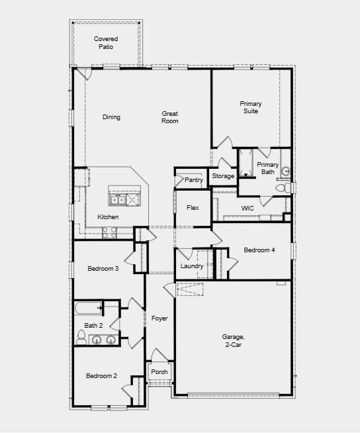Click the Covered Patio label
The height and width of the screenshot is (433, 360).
point(106,43)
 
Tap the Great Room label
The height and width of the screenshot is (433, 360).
point(170,117)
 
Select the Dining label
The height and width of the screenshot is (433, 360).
point(111,117)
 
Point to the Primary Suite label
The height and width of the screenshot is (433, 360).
point(251,107)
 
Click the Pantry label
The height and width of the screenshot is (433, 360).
point(194,179)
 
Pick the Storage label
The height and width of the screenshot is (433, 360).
point(223,176)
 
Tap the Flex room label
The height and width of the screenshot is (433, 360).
point(193,208)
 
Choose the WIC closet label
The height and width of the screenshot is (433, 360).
point(247,208)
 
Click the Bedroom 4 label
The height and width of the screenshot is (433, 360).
point(259,250)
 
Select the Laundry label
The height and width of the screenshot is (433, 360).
point(191,266)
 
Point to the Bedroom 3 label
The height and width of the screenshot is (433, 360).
point(103,268)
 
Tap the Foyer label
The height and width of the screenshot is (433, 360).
point(159,318)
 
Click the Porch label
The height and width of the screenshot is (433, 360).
point(159,371)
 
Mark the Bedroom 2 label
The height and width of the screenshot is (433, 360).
point(101,376)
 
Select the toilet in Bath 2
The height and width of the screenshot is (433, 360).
point(81,340)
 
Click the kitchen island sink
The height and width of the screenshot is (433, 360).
point(118,199)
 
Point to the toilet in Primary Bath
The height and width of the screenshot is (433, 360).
point(281,188)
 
